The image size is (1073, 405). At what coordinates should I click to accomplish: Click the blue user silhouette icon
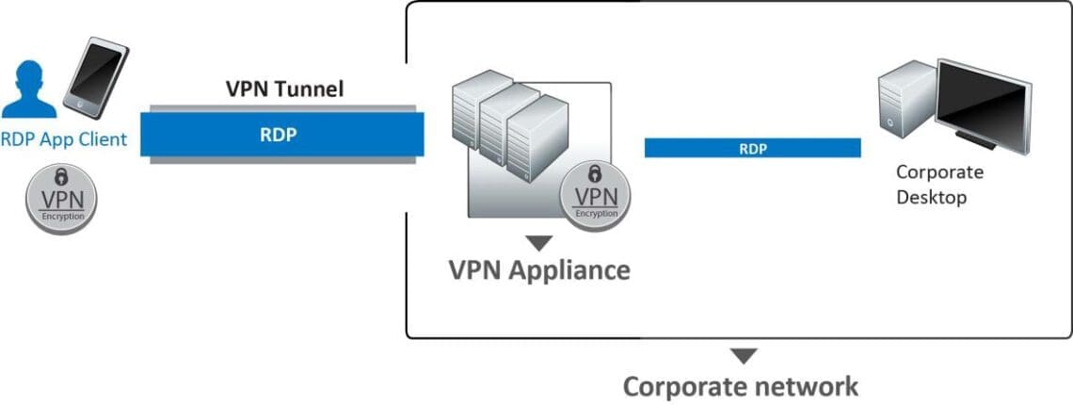tap(29, 91)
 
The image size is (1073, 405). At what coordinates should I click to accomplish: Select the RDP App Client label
tap(64, 140)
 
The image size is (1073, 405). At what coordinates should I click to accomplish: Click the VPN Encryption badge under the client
tap(61, 197)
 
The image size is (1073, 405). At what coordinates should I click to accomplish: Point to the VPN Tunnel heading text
tap(284, 90)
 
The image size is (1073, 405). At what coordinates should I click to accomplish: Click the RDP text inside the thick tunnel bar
tap(279, 133)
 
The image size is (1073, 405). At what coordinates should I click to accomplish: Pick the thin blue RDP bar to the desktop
tap(752, 148)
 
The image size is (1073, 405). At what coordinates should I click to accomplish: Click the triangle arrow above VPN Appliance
tap(538, 244)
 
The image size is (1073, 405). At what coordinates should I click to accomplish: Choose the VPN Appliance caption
tap(538, 270)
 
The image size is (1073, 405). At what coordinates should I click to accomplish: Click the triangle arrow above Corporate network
tap(744, 356)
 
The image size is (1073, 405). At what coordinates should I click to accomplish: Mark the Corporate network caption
tap(742, 386)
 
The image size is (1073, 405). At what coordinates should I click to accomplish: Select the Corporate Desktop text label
tap(939, 185)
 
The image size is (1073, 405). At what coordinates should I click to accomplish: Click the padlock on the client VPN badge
tap(61, 176)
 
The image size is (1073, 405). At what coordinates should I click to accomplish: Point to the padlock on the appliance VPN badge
tap(595, 174)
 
